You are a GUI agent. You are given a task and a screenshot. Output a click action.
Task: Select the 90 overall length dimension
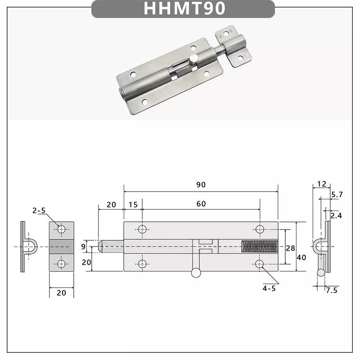click(x=201, y=185)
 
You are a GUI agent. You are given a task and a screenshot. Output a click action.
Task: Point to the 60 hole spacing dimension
click(x=201, y=204)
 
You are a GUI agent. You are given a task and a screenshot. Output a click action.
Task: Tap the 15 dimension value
click(x=133, y=204)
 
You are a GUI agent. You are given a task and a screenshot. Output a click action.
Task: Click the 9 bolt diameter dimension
click(x=83, y=246)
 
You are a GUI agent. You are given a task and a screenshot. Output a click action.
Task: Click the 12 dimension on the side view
click(x=321, y=184)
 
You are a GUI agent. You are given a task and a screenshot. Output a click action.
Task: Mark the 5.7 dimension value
click(x=337, y=195)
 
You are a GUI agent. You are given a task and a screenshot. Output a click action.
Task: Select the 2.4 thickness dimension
click(x=336, y=216)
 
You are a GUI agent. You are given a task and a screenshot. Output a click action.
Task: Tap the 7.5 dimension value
click(x=332, y=290)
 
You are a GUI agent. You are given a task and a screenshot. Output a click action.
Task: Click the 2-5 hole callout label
click(x=39, y=211)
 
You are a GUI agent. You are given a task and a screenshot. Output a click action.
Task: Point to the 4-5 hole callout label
click(x=269, y=288)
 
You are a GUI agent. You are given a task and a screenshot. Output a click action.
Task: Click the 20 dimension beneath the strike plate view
click(x=61, y=293)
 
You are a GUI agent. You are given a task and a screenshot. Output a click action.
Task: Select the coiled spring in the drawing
click(x=260, y=247)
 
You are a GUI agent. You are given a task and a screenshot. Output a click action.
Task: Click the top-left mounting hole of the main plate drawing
click(x=142, y=229)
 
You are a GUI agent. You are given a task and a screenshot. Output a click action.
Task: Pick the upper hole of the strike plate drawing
click(x=61, y=230)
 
